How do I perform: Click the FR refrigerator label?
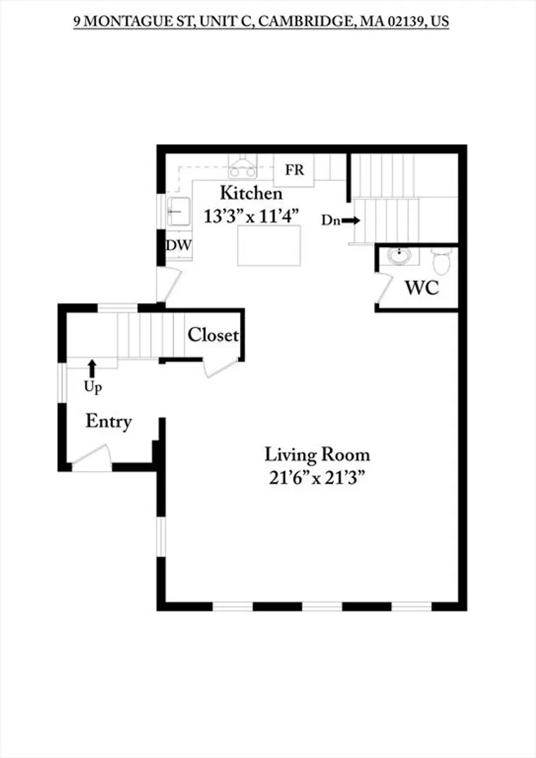coord(295,170)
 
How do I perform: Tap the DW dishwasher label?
coord(179,245)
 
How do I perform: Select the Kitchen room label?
coord(251,193)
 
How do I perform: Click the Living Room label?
coord(317,454)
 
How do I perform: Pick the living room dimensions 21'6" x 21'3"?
coord(316,478)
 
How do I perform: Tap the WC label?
coord(422,288)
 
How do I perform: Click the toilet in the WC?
coord(441,261)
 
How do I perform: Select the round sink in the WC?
coord(399,257)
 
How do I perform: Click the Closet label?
coord(213,335)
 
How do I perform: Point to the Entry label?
coord(109,421)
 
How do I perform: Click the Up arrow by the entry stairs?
coord(92,368)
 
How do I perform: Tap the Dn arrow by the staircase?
coord(351,220)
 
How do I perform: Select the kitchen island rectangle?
coord(269,245)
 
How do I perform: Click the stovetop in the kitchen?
coord(243,167)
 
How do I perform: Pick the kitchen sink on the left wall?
coord(178,211)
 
